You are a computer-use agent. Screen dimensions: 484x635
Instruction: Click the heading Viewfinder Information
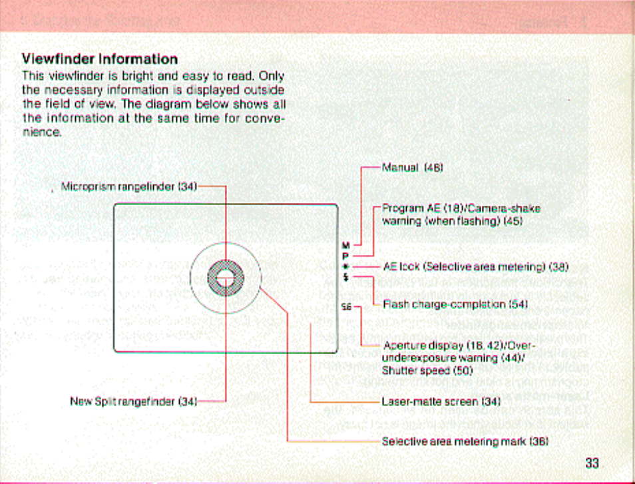pos(100,59)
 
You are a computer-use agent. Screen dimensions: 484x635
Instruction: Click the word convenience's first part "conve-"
pos(263,119)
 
